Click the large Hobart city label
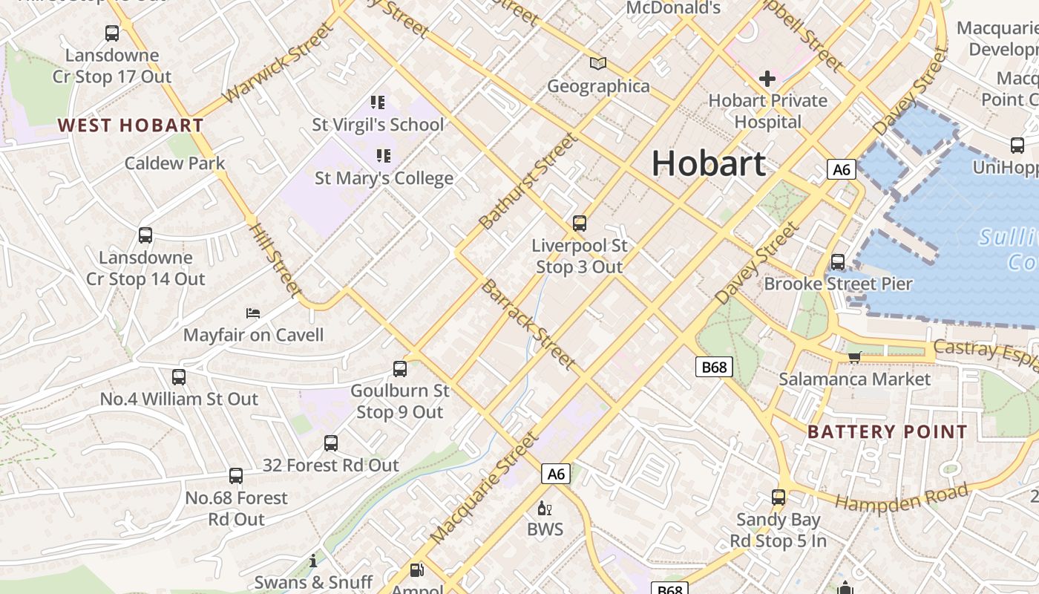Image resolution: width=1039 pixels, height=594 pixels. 709,164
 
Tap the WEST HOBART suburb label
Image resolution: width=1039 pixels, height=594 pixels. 131,125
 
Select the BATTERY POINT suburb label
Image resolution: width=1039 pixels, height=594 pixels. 887,432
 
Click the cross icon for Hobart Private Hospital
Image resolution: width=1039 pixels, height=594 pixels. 767,79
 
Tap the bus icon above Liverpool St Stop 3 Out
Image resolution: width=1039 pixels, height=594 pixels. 580,223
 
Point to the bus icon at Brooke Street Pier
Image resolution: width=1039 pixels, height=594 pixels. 838,261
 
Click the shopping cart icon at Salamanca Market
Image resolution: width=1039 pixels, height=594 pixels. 855,357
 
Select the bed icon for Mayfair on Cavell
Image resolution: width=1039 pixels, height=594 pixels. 253,313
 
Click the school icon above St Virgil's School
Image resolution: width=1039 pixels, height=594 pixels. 378,102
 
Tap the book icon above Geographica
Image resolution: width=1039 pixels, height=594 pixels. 598,64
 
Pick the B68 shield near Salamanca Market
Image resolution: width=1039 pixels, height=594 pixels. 715,367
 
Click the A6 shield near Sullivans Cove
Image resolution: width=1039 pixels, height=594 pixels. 841,169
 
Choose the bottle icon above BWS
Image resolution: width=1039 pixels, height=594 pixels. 545,509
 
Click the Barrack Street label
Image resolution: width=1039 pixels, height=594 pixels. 528,324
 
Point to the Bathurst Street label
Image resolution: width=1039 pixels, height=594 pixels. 528,181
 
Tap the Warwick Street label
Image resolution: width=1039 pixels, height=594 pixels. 278,64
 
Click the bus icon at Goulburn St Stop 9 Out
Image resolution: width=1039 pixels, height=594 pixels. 400,368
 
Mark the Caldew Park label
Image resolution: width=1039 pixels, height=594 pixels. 174,163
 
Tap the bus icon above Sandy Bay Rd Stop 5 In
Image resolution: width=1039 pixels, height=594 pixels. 779,497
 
